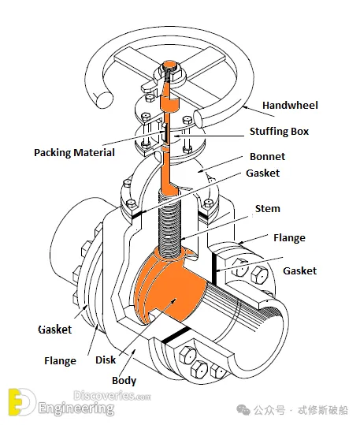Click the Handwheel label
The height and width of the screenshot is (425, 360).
[290, 105]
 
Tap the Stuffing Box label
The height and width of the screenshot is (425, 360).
[279, 132]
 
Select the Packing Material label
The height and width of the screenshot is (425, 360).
[74, 153]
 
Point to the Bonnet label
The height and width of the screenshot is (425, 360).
[267, 156]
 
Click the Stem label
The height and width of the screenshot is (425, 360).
[268, 208]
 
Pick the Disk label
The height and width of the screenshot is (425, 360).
[106, 360]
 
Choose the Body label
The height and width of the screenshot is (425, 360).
[124, 381]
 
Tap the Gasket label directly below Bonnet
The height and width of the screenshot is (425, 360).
[263, 173]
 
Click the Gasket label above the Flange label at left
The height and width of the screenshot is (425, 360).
[55, 330]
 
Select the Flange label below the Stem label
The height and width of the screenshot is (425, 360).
[289, 237]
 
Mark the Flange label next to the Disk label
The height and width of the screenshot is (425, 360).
[60, 361]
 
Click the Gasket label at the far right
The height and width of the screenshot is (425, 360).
[299, 270]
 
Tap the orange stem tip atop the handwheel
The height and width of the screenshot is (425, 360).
[170, 65]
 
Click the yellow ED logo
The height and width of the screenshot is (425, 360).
[21, 402]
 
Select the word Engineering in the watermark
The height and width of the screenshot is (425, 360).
[76, 408]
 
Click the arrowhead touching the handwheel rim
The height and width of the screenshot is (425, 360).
[244, 107]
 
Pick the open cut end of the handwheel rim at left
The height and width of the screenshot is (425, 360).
[105, 100]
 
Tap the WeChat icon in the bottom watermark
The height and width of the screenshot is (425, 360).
[243, 410]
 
